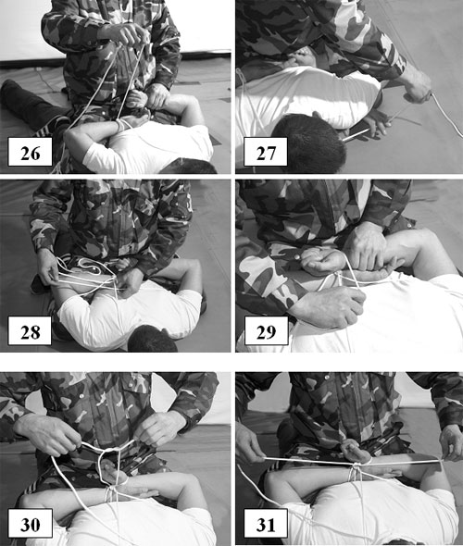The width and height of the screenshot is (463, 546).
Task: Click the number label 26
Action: (30, 152)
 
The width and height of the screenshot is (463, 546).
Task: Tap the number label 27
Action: (266, 152)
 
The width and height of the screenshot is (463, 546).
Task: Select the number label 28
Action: (30, 330)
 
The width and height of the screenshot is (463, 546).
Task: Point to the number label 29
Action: (266, 330)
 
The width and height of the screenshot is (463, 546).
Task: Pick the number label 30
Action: (30, 523)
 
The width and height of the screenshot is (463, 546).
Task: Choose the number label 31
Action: (266, 523)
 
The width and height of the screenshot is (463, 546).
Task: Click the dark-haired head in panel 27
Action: (308, 143)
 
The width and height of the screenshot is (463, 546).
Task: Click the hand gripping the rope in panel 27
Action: (417, 86)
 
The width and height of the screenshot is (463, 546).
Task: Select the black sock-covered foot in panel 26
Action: (14, 93)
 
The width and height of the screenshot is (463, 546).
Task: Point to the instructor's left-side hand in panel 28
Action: (48, 268)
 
